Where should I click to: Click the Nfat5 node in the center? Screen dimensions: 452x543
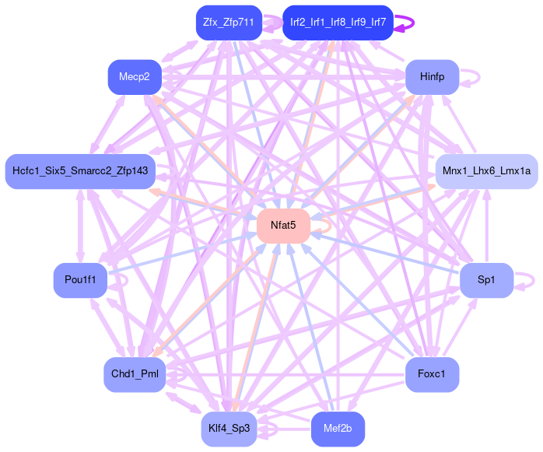point(283,226)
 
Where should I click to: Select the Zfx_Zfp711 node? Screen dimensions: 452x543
point(228,23)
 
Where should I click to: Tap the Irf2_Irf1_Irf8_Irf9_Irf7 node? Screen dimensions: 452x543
point(338,23)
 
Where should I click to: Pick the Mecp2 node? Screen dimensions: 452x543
point(135,76)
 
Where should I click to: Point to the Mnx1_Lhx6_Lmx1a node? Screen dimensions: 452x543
point(485,170)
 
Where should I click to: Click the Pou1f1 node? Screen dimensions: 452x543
point(80,280)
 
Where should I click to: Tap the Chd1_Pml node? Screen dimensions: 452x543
point(135,374)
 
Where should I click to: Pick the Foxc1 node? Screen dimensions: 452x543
point(432,374)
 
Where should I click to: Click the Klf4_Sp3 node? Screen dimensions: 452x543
point(228,428)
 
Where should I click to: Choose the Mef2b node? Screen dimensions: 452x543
point(338,428)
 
